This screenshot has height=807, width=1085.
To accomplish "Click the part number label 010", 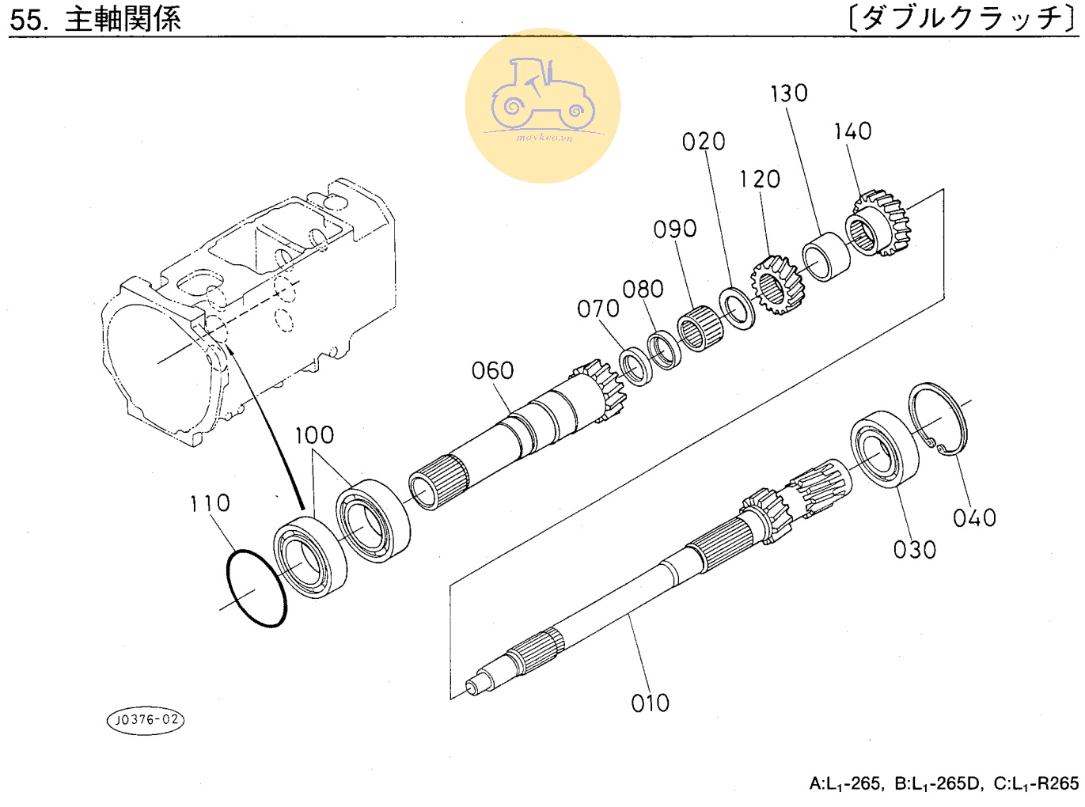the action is [x=650, y=703].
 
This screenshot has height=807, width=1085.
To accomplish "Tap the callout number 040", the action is [x=974, y=518].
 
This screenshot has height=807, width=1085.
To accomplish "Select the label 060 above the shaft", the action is [x=492, y=371].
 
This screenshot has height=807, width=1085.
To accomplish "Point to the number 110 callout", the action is [x=210, y=503].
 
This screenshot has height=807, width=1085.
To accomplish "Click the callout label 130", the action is [x=789, y=93].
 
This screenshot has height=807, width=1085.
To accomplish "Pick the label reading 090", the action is [x=675, y=229].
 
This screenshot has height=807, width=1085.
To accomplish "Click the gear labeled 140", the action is [x=879, y=223].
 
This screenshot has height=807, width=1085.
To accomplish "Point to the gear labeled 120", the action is [x=777, y=285].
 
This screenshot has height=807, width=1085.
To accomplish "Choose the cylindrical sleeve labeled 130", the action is [x=825, y=256].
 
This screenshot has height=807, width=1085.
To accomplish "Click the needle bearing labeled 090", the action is [x=700, y=328].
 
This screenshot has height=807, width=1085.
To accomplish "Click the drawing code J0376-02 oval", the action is [x=146, y=720].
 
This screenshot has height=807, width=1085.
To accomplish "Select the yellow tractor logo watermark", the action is [x=543, y=106].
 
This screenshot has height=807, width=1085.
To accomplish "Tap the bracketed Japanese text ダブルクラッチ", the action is [x=962, y=18].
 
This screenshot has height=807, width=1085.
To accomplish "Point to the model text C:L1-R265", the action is [x=1036, y=783].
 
